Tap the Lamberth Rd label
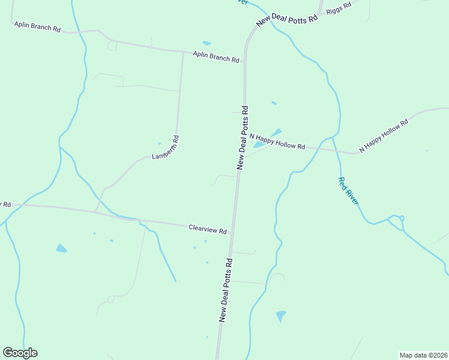point(166,148)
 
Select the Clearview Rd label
point(208,229)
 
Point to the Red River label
point(348,191)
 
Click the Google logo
point(20,353)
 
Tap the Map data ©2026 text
point(423,355)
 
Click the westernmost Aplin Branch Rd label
point(38,28)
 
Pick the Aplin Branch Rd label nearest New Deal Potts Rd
point(216,57)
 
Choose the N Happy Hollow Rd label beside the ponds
point(277,142)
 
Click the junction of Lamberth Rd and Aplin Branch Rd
point(183,52)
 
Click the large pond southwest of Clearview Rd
point(61,248)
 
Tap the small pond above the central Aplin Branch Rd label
point(207,43)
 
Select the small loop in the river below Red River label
point(402,218)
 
